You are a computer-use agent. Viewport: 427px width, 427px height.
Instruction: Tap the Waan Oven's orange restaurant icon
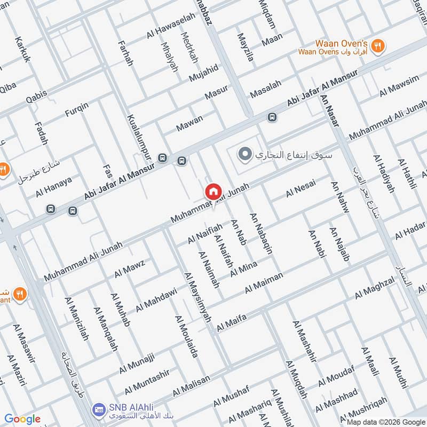[x=378, y=46]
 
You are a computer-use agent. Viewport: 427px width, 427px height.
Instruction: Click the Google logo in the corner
[x=22, y=419]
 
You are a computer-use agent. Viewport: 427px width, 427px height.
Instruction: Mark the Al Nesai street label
[x=301, y=189]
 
